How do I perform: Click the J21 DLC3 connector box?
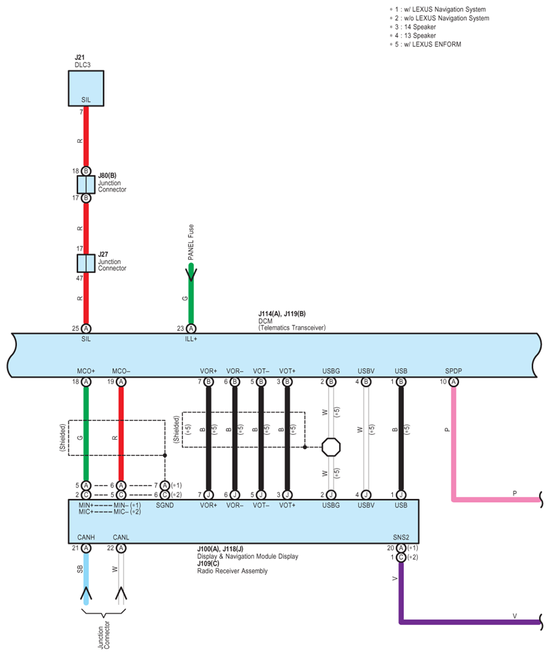pos(86,88)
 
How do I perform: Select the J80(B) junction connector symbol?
pos(86,185)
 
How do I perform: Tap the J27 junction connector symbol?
pos(86,263)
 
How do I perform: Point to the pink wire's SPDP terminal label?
pos(454,371)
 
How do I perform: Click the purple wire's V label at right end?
pos(514,616)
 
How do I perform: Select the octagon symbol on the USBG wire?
pos(331,446)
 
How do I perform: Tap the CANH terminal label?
pos(86,537)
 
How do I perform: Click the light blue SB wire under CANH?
pos(86,573)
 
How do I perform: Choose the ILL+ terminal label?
pos(191,339)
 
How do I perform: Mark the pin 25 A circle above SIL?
pos(86,328)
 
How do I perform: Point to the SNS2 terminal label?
pos(401,537)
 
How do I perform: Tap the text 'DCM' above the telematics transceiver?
pos(265,321)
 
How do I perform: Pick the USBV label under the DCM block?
pos(365,371)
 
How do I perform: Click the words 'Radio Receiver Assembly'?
pos(232,571)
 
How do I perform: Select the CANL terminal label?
pos(121,537)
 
